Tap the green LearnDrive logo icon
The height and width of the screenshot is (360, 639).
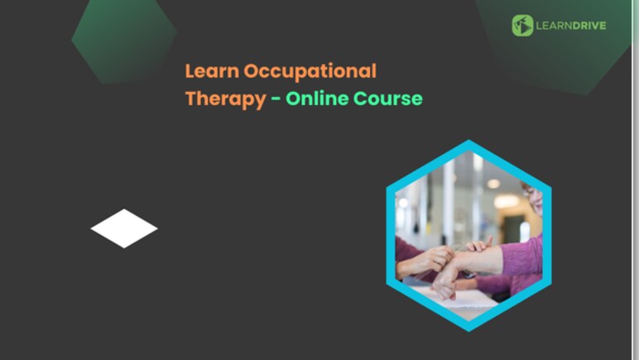pyautogui.click(x=522, y=26)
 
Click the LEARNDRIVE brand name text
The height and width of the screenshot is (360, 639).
pyautogui.click(x=571, y=26)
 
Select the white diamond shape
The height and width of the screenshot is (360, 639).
pyautogui.click(x=124, y=228)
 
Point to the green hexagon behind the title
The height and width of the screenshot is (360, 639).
pyautogui.click(x=124, y=37)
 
